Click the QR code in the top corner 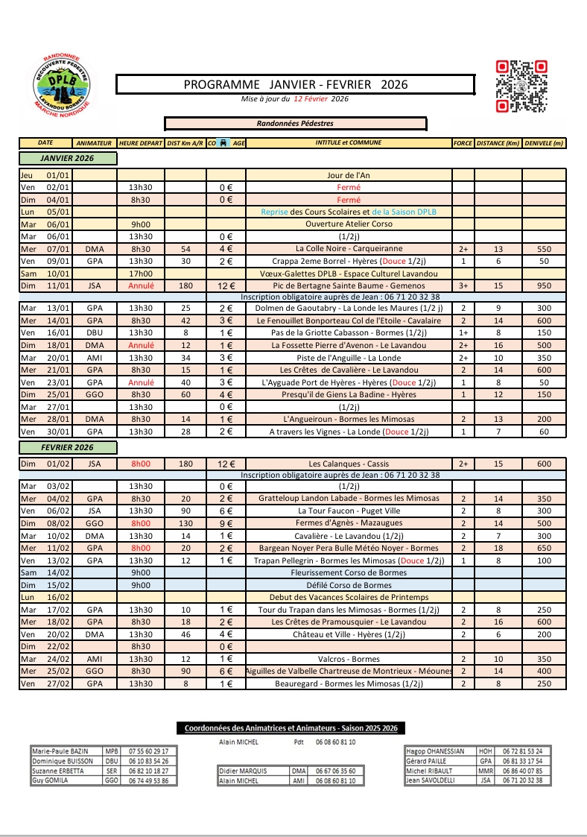(521, 86)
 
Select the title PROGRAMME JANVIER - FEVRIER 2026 (296, 84)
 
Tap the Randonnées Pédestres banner (296, 124)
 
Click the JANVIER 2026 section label (68, 158)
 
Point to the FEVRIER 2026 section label (68, 447)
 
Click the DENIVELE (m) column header (544, 142)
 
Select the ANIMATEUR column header (95, 142)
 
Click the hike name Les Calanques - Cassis (349, 464)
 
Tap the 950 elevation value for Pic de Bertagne (544, 285)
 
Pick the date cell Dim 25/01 (46, 394)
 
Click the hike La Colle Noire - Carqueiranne (349, 249)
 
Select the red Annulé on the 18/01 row (141, 345)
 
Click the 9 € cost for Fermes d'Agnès (226, 524)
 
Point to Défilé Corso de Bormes (349, 585)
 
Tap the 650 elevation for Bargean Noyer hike (544, 549)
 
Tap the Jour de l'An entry (349, 176)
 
